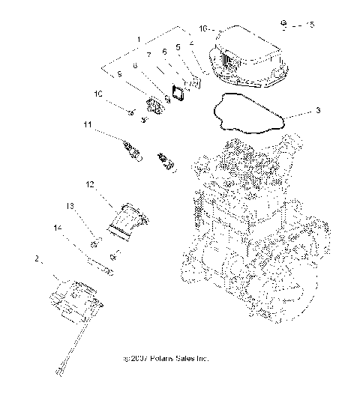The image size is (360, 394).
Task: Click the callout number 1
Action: [x=137, y=37]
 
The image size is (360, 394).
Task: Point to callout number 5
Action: [x=178, y=47]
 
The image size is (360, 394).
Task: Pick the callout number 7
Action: [x=149, y=55]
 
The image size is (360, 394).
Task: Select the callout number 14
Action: [x=56, y=225]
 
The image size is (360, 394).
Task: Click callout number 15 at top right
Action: [x=311, y=25]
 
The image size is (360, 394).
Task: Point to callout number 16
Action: [x=202, y=28]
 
